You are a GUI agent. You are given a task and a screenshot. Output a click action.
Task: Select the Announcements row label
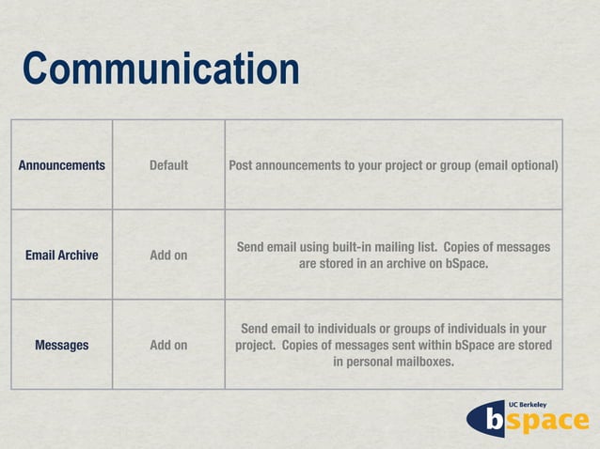62,166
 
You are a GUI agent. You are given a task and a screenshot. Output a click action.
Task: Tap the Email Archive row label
62,255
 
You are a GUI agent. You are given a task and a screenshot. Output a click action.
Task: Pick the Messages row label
62,345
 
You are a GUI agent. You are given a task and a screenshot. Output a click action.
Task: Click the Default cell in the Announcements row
168,166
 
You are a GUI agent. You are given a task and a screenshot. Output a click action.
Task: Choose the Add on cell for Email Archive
168,255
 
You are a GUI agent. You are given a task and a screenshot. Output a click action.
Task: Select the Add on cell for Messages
168,345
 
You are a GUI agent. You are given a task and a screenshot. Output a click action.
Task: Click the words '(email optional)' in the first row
516,166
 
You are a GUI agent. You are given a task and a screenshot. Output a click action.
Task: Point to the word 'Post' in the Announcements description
243,166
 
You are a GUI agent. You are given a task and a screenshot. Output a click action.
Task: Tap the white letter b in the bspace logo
495,423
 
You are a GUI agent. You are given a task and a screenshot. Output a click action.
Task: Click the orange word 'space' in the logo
549,423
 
